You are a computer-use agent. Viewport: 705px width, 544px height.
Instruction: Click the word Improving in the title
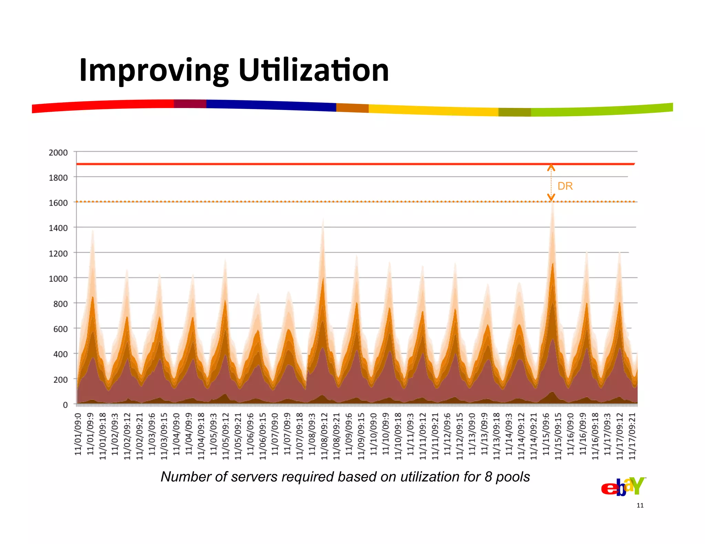click(154, 71)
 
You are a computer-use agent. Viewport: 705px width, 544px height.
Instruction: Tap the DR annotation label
click(565, 186)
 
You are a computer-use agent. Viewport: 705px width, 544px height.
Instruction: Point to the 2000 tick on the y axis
click(58, 152)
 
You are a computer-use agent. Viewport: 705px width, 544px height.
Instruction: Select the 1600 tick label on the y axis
click(58, 203)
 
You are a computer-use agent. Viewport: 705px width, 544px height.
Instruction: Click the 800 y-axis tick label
click(60, 304)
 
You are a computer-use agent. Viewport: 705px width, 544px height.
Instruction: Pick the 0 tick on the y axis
click(65, 405)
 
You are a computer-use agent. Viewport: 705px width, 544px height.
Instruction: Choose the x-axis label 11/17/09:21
click(632, 436)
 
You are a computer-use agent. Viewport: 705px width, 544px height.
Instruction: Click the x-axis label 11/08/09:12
click(324, 436)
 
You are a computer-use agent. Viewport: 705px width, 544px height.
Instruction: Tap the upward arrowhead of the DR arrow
click(551, 167)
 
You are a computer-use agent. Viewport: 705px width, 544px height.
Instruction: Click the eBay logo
click(623, 487)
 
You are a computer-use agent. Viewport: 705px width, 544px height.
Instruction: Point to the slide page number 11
click(640, 505)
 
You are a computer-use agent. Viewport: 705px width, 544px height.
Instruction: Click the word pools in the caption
click(512, 477)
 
